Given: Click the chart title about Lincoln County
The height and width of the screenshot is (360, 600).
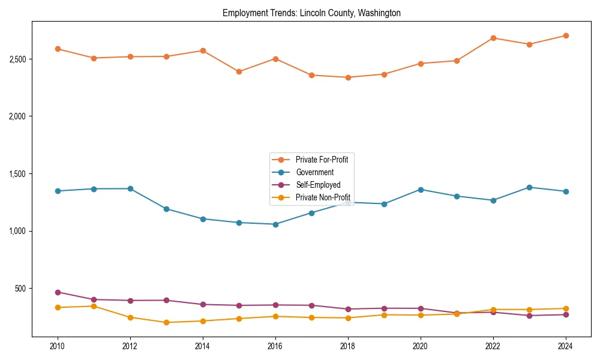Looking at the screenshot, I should click(x=311, y=13).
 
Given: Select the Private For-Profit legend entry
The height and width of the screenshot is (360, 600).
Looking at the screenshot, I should click(x=322, y=160).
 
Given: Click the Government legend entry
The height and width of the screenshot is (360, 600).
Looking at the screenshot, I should click(x=314, y=172).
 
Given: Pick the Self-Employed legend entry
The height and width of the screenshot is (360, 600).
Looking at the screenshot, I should click(x=317, y=185).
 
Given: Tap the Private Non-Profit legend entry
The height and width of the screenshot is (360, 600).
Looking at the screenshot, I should click(x=323, y=197).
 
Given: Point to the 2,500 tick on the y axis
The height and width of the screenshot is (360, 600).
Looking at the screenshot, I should click(x=17, y=59).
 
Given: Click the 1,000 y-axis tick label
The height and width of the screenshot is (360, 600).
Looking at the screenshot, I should click(x=17, y=231).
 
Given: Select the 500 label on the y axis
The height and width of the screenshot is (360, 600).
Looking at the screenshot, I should click(x=20, y=289).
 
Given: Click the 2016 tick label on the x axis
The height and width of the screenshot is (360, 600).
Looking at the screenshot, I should click(x=275, y=346).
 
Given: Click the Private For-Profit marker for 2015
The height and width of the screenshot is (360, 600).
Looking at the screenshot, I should click(x=239, y=71).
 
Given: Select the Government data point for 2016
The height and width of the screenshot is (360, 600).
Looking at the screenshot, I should click(x=275, y=224).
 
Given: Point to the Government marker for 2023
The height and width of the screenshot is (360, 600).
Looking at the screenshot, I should click(x=529, y=187).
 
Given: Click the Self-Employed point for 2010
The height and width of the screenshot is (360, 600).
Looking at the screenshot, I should click(x=58, y=292).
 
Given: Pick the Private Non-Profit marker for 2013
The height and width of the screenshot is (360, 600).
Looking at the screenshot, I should click(x=166, y=322).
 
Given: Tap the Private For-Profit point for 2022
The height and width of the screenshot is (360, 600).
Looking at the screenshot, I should click(x=493, y=38).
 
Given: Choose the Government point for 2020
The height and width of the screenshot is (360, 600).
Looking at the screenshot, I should click(x=421, y=190).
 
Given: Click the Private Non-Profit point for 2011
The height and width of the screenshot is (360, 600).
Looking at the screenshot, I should click(x=94, y=306).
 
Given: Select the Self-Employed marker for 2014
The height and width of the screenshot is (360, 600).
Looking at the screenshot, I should click(x=203, y=304).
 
